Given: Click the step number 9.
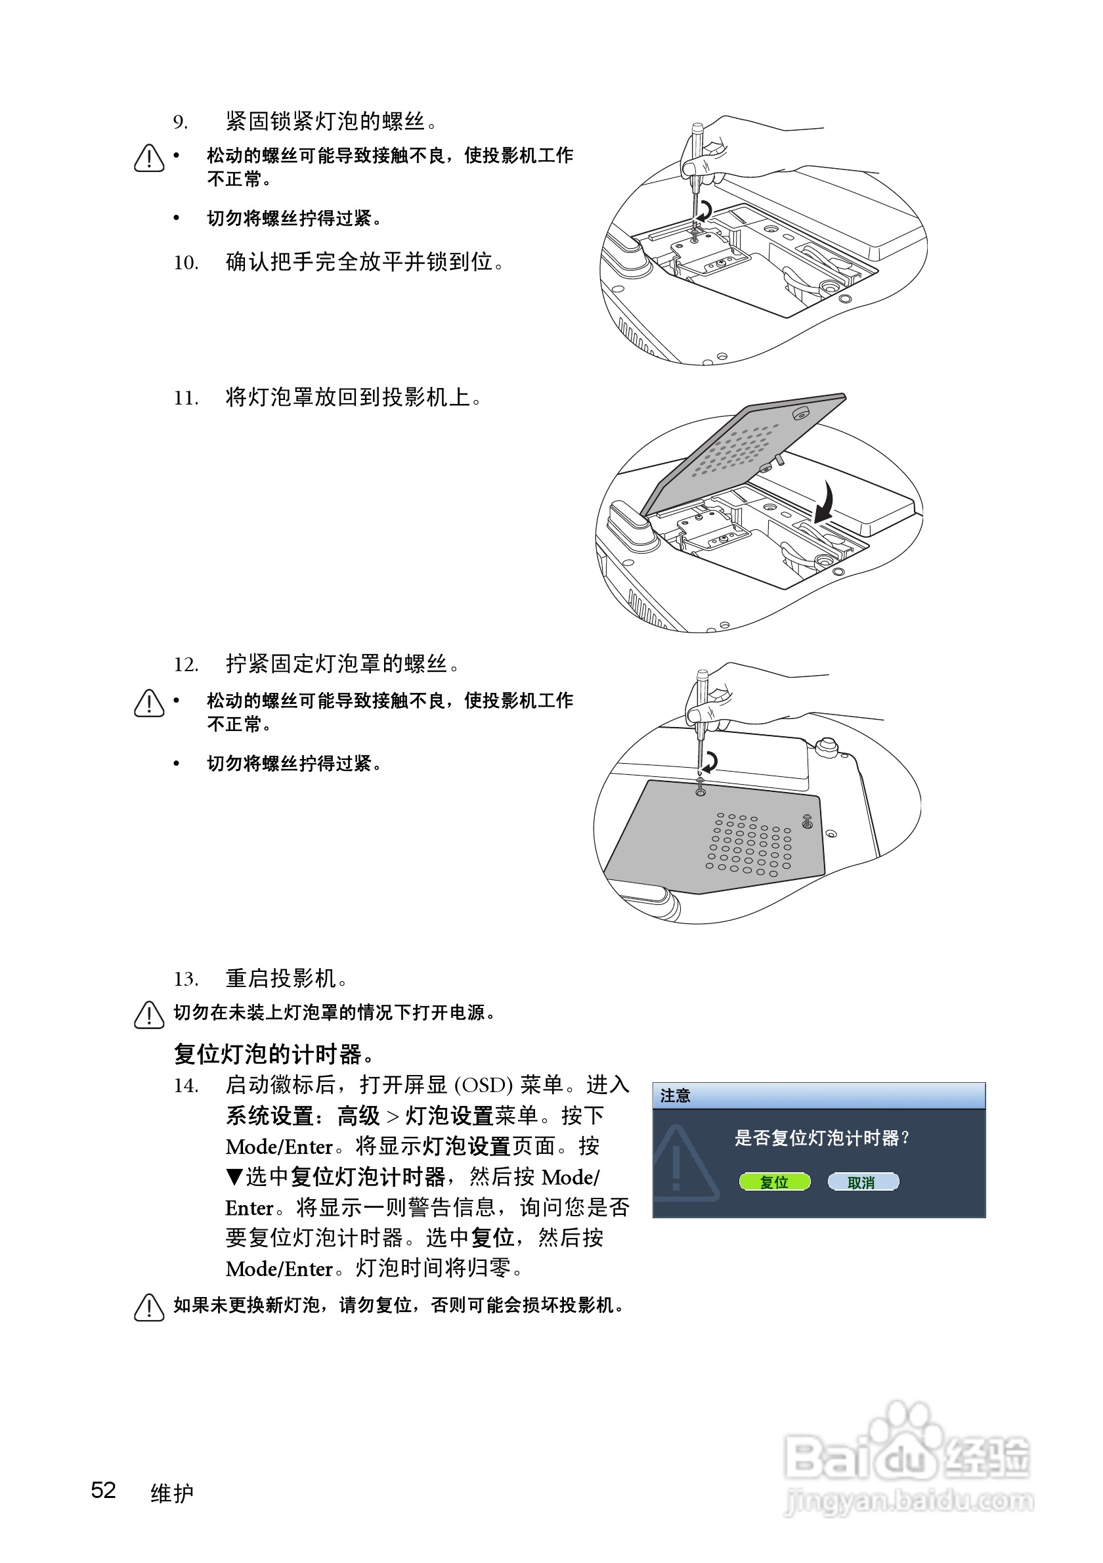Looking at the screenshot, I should [x=180, y=122].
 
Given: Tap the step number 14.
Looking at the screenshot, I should [x=185, y=1085].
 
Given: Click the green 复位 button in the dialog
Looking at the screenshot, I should [x=774, y=1182].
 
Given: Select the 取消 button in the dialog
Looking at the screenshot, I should [x=862, y=1182].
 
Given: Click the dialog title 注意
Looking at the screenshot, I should [x=675, y=1095].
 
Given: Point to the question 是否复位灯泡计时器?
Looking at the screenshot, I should [x=821, y=1138].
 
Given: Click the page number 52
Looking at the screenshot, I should [x=104, y=1490].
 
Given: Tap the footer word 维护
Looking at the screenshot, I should [x=172, y=1493].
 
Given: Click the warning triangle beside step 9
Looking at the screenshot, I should [x=149, y=159].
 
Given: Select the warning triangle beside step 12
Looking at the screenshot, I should [x=149, y=703].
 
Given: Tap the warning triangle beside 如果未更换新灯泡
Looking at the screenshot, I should [x=149, y=1307].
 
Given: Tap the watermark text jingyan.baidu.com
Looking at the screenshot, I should [x=909, y=1501].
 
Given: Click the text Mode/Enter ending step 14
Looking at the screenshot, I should [x=279, y=1269].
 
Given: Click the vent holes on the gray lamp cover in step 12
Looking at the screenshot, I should [x=748, y=844].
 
